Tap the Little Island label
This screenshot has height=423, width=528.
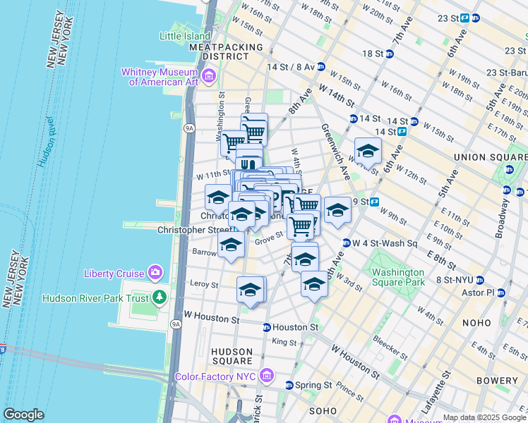click(185, 36)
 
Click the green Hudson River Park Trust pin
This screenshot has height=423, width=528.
click(160, 298)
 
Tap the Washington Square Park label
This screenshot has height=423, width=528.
click(398, 277)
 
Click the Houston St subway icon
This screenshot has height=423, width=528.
click(267, 327)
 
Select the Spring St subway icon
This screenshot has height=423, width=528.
click(289, 385)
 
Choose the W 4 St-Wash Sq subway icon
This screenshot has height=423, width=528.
click(347, 243)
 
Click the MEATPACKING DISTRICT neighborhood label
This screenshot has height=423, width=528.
click(226, 51)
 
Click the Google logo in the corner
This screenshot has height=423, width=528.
click(23, 415)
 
